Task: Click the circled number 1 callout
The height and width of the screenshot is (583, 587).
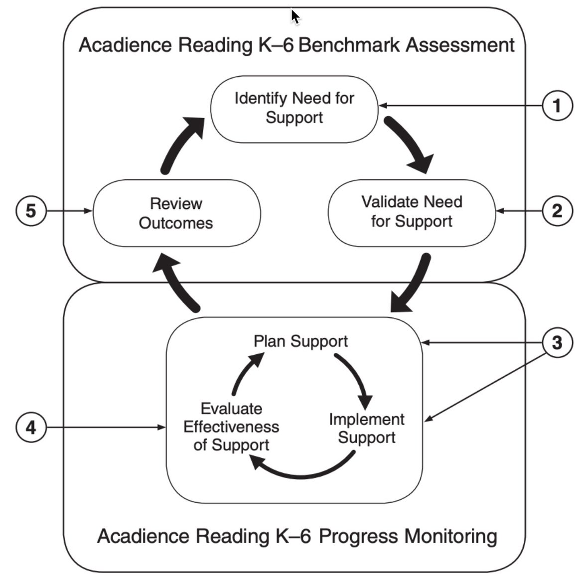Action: point(557,106)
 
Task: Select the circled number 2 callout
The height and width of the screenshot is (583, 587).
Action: point(557,211)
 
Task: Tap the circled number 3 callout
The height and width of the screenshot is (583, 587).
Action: point(557,343)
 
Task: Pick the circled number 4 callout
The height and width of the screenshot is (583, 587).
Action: point(31,428)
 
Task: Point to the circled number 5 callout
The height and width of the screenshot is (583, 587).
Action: point(31,211)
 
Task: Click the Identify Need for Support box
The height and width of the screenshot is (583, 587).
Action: point(294,108)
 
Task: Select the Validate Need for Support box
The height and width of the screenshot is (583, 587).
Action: point(412,212)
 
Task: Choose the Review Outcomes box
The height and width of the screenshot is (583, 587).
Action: point(176,213)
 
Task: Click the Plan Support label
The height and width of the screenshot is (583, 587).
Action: point(300,341)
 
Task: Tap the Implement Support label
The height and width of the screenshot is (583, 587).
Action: point(366,429)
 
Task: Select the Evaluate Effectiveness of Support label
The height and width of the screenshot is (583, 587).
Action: point(231,427)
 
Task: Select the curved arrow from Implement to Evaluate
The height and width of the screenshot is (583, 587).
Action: point(304,471)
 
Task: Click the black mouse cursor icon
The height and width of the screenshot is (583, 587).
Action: point(295,16)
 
